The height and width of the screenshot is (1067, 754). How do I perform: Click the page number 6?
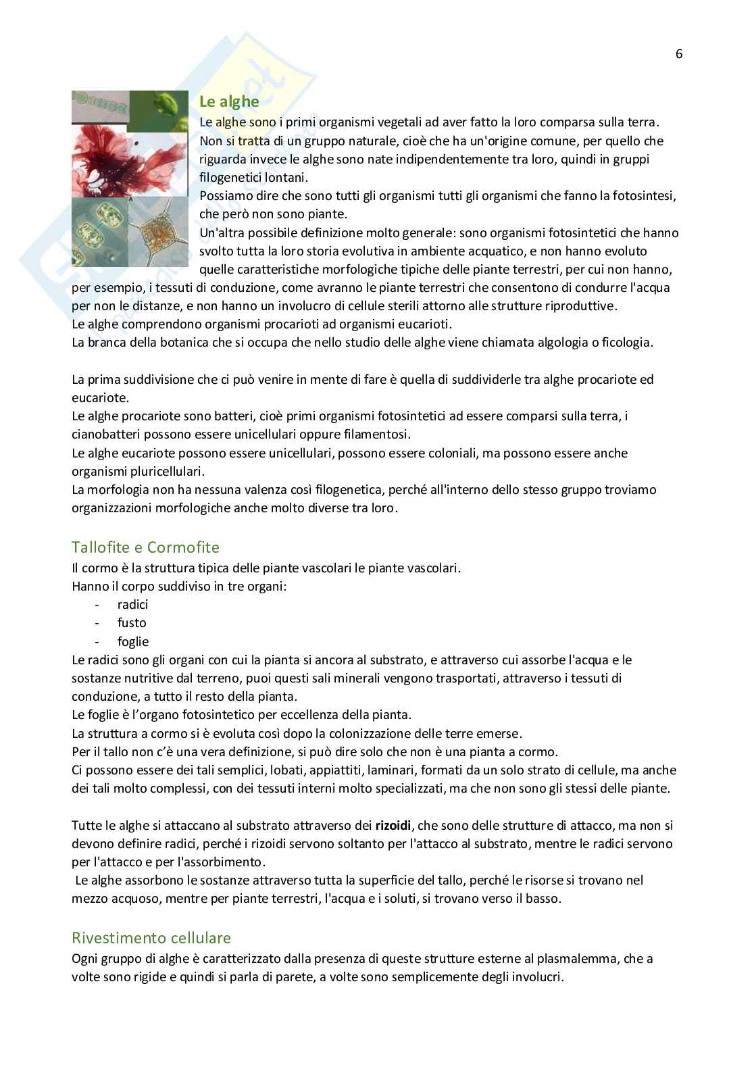[679, 55]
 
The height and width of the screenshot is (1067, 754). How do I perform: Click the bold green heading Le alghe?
[229, 101]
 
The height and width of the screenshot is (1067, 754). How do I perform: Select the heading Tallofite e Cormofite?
[145, 547]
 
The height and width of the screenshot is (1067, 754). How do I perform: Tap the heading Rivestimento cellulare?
[151, 937]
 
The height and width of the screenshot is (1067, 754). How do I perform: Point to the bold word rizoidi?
[393, 825]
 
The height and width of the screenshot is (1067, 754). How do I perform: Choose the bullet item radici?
[132, 605]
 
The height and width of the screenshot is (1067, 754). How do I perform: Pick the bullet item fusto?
[132, 623]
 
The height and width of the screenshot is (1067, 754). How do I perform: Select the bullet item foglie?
[133, 641]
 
